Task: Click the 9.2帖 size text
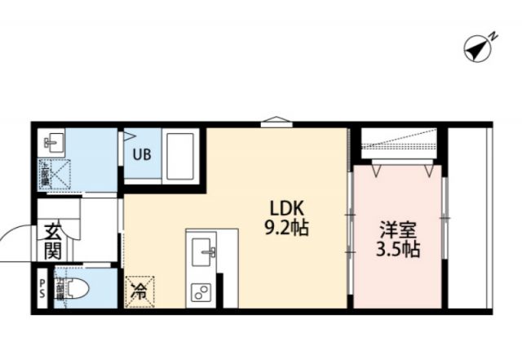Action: tap(285, 229)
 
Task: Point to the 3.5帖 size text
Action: tap(399, 250)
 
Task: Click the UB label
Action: tap(141, 154)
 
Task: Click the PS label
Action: tap(41, 288)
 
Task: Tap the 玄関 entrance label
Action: tap(54, 242)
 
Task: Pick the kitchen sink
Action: tap(201, 253)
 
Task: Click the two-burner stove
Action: tap(201, 291)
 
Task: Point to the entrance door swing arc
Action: tap(15, 241)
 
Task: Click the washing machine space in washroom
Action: tap(54, 175)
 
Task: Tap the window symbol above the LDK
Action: tap(276, 123)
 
